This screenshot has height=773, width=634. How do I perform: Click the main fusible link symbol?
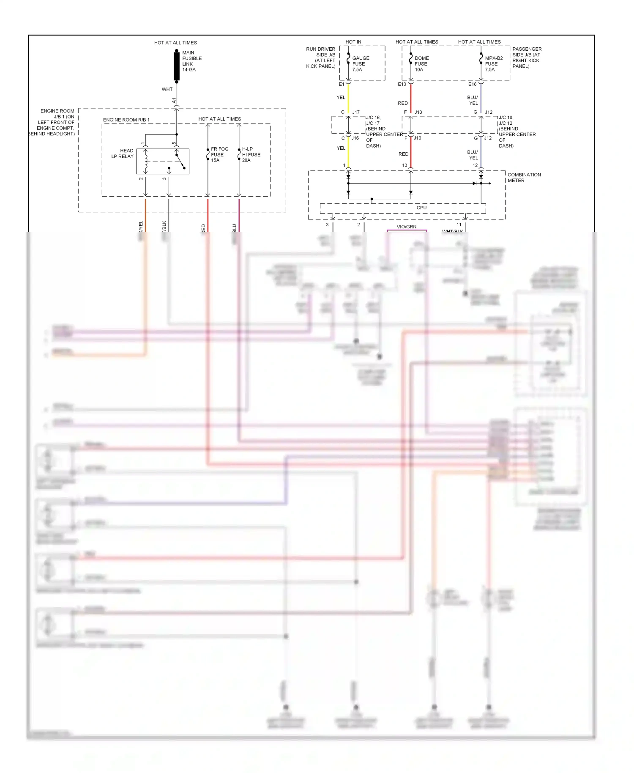(177, 66)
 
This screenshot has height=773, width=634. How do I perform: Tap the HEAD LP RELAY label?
(123, 154)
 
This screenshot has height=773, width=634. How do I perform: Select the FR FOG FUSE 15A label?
(219, 155)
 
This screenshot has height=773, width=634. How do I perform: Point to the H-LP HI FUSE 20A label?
(251, 155)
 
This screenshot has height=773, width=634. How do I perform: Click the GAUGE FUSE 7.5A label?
(361, 64)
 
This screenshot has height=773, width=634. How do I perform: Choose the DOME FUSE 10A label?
(421, 64)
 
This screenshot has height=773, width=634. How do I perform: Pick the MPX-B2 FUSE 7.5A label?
(494, 64)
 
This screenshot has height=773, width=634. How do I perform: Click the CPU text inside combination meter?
(421, 208)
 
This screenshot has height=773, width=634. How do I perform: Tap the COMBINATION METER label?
(524, 178)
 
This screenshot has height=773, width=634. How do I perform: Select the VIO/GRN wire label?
(406, 227)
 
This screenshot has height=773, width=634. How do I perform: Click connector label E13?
(402, 84)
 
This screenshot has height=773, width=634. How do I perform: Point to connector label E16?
(472, 84)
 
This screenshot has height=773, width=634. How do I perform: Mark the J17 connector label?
(356, 112)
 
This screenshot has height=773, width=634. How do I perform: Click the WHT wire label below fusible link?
(167, 89)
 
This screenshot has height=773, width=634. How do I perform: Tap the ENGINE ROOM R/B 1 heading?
(126, 120)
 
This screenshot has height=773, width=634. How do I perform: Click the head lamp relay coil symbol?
(146, 161)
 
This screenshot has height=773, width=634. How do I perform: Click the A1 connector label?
(174, 101)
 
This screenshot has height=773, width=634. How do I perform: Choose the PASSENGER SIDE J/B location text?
(526, 58)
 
